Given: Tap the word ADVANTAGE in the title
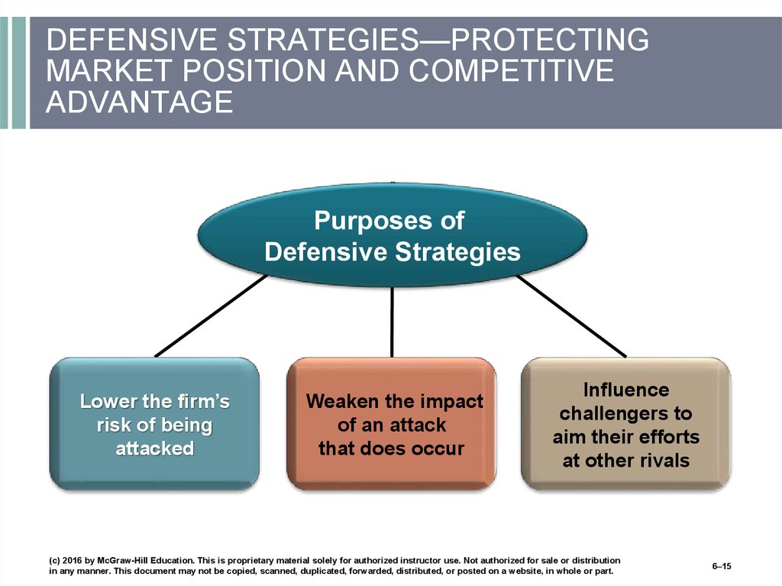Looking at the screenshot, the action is [140, 102].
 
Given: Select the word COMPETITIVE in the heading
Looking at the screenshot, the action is [511, 70].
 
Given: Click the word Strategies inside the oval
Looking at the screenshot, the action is [458, 251].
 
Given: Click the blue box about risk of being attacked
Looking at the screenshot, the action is [154, 424].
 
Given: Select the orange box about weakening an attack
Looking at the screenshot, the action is [392, 424].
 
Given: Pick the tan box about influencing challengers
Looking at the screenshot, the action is [626, 424].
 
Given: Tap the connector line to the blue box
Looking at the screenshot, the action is [211, 316].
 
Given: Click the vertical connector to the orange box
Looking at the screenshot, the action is [392, 322].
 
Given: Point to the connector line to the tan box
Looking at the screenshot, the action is [571, 316].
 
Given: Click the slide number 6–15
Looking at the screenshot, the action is [722, 566].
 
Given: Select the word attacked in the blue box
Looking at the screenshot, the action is [154, 448].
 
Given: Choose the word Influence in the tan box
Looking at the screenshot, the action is [626, 390].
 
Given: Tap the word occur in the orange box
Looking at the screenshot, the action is [440, 448].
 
